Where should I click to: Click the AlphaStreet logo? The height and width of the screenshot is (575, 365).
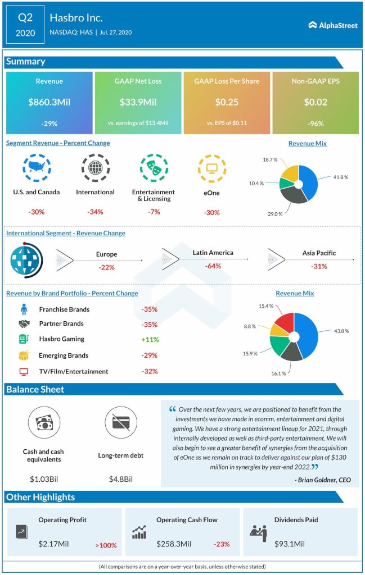[333, 25]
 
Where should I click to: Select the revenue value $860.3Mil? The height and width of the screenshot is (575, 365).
[49, 102]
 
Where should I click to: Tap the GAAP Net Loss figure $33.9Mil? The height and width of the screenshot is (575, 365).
[138, 102]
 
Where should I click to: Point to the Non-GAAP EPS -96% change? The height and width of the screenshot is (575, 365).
[315, 123]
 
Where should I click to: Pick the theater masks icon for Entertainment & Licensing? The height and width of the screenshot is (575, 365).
[153, 167]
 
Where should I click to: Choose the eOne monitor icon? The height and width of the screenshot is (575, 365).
[211, 167]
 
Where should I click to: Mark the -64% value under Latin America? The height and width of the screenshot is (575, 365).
[213, 266]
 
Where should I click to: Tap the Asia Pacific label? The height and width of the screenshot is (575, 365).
[319, 253]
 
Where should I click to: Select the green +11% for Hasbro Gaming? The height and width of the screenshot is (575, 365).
[150, 340]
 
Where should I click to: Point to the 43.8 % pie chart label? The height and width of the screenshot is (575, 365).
[341, 331]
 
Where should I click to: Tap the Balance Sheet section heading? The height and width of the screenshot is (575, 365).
[35, 389]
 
